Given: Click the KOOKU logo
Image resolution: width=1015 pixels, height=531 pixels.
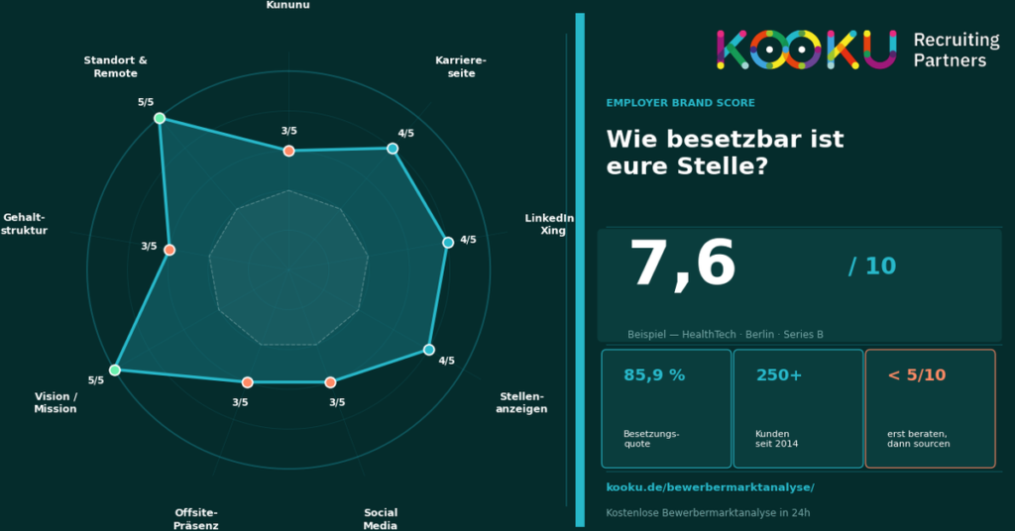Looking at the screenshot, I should click(806, 50).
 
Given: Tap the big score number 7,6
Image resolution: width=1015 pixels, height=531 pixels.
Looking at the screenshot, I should click(682, 265).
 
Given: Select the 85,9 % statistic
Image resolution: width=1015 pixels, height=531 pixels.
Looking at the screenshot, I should click(654, 375).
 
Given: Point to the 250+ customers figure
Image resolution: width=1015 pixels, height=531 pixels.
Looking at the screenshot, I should click(779, 375).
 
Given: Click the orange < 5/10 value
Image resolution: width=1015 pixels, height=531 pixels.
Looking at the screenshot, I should click(916, 375).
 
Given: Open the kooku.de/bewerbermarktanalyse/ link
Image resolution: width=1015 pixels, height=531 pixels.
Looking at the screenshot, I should click(710, 487).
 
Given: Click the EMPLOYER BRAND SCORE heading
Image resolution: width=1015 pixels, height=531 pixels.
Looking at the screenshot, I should click(680, 103).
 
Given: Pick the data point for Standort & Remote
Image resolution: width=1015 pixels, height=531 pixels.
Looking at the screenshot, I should click(160, 119).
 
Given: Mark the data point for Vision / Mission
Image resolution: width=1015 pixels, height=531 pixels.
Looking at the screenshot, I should click(115, 370).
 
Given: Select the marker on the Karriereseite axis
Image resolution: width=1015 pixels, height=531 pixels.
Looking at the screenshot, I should click(393, 149).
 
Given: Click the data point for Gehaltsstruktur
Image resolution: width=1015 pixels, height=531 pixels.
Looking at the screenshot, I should click(169, 250).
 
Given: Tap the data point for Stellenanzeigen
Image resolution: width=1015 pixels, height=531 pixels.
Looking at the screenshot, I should click(429, 349).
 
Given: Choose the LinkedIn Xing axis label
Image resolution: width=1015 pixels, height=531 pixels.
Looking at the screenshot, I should click(550, 224).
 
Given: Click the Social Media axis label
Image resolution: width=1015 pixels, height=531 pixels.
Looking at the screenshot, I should click(381, 519).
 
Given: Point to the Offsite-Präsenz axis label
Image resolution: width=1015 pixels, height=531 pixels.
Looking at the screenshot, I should click(196, 519).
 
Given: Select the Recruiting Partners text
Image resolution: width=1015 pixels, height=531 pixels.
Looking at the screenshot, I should click(956, 50).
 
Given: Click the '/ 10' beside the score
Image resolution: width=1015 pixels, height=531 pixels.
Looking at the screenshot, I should click(871, 265).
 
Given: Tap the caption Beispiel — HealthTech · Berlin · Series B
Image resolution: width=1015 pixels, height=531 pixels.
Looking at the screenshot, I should click(725, 335).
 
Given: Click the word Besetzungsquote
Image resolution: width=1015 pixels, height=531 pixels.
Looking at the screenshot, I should click(651, 439).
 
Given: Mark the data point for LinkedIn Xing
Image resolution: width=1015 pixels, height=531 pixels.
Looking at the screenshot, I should click(448, 243).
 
